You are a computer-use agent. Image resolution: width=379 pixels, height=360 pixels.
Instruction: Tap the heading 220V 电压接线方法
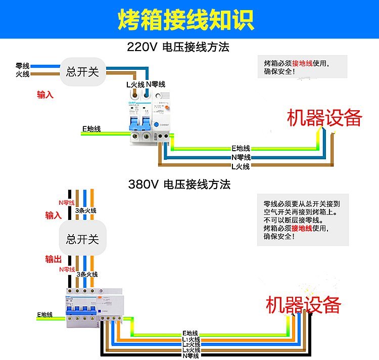(178, 48)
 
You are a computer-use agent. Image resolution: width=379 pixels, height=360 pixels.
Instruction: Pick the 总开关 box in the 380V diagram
(83, 239)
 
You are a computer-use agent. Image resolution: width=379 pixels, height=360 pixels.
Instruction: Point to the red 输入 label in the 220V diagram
(45, 94)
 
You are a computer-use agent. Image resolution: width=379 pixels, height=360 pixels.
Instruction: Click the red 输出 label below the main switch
(53, 259)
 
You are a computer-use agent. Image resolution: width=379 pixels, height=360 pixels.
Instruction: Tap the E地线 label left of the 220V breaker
(91, 129)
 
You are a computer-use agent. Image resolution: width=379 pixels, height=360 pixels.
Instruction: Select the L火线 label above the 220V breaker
(135, 84)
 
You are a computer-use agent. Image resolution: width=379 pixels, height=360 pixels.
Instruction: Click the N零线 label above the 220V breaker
(156, 84)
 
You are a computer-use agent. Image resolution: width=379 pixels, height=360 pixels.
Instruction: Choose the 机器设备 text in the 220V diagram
(324, 118)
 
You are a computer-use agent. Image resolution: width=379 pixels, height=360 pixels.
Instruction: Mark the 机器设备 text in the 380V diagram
(304, 305)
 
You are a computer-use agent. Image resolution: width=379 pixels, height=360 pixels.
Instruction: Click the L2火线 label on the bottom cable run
(191, 344)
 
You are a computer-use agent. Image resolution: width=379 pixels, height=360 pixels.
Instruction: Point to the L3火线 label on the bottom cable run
(191, 350)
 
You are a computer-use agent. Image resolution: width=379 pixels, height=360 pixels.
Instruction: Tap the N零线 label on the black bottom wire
(191, 356)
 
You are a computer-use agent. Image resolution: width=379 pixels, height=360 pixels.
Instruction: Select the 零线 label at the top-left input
(23, 66)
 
